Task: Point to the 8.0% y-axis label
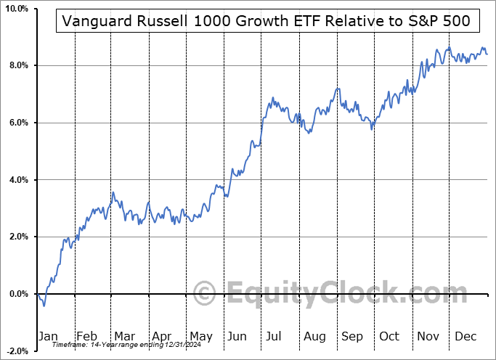click(17, 66)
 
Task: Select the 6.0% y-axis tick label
click(17, 123)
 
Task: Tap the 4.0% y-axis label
click(17, 180)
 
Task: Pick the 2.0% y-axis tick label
click(17, 237)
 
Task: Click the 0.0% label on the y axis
click(17, 294)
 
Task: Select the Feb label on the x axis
click(87, 336)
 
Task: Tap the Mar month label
click(123, 336)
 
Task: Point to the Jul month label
click(275, 336)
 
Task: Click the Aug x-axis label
click(314, 336)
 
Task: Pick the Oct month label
click(389, 336)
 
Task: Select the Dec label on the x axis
click(465, 336)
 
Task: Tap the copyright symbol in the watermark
click(206, 293)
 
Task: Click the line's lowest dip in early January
click(44, 305)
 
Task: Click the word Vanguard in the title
click(93, 22)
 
